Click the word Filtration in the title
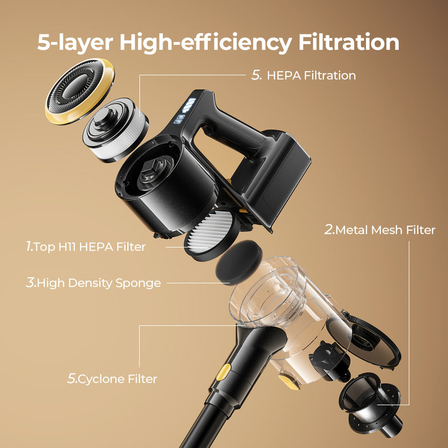349,42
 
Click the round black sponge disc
238,262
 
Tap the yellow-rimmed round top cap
80,91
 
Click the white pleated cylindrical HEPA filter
115,130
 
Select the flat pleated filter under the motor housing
211,235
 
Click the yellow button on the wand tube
223,372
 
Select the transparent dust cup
289,308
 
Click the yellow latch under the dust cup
289,382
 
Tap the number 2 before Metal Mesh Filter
329,229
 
